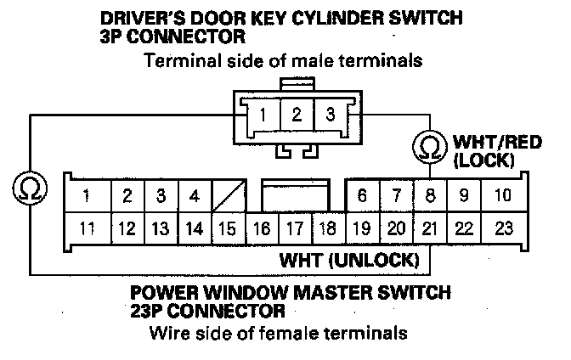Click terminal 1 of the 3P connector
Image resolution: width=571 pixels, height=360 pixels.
266,115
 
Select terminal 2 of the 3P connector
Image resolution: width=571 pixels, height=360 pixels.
297,115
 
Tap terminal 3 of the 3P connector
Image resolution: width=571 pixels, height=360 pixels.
330,115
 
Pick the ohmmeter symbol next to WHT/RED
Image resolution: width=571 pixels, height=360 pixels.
430,146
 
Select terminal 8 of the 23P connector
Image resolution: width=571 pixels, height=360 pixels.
431,196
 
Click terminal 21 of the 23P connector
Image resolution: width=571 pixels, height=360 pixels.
431,228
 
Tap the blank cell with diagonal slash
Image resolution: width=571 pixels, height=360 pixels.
229,196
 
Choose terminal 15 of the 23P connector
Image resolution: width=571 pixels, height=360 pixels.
228,228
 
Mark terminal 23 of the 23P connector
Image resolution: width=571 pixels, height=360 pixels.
503,228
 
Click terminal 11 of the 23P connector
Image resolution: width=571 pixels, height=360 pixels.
86,228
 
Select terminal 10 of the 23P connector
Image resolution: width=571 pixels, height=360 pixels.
502,196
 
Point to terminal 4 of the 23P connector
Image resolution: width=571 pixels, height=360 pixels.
195,196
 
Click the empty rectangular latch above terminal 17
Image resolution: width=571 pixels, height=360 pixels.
294,194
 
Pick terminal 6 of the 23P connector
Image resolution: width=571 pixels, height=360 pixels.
362,196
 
